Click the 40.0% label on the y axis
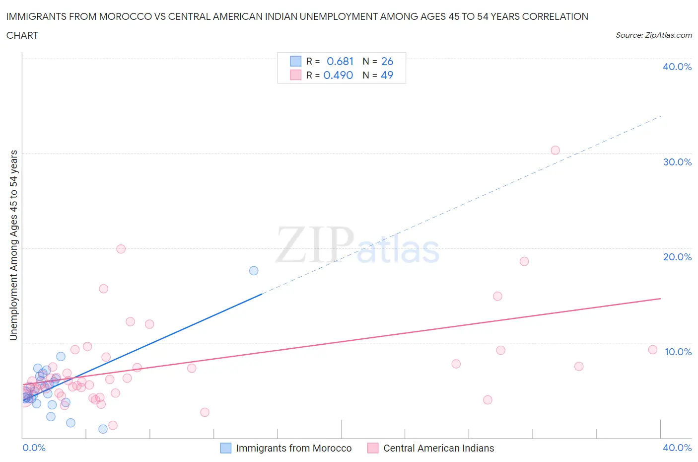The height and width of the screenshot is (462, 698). [x=677, y=67]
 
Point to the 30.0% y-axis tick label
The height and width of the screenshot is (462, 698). [x=677, y=162]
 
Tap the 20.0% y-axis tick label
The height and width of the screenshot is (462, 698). [x=677, y=257]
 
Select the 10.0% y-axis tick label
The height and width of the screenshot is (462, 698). [x=678, y=352]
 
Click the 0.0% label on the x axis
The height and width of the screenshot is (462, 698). [x=34, y=448]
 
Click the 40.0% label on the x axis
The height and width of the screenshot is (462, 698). [x=677, y=448]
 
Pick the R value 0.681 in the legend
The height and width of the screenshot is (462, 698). [x=340, y=61]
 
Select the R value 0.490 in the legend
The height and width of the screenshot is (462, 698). [x=338, y=75]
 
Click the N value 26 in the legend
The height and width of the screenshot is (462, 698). [x=387, y=61]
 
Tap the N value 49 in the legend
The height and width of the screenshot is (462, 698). [x=387, y=75]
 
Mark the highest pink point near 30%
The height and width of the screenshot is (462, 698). [x=555, y=151]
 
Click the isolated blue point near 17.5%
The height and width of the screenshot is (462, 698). [x=254, y=271]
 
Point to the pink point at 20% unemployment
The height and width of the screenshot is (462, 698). [x=121, y=249]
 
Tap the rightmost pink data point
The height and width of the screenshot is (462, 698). [x=652, y=350]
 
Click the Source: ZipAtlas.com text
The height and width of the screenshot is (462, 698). [x=653, y=35]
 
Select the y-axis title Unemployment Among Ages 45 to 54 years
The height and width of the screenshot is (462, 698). [x=13, y=245]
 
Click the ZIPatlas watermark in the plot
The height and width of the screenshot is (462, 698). [x=357, y=245]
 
